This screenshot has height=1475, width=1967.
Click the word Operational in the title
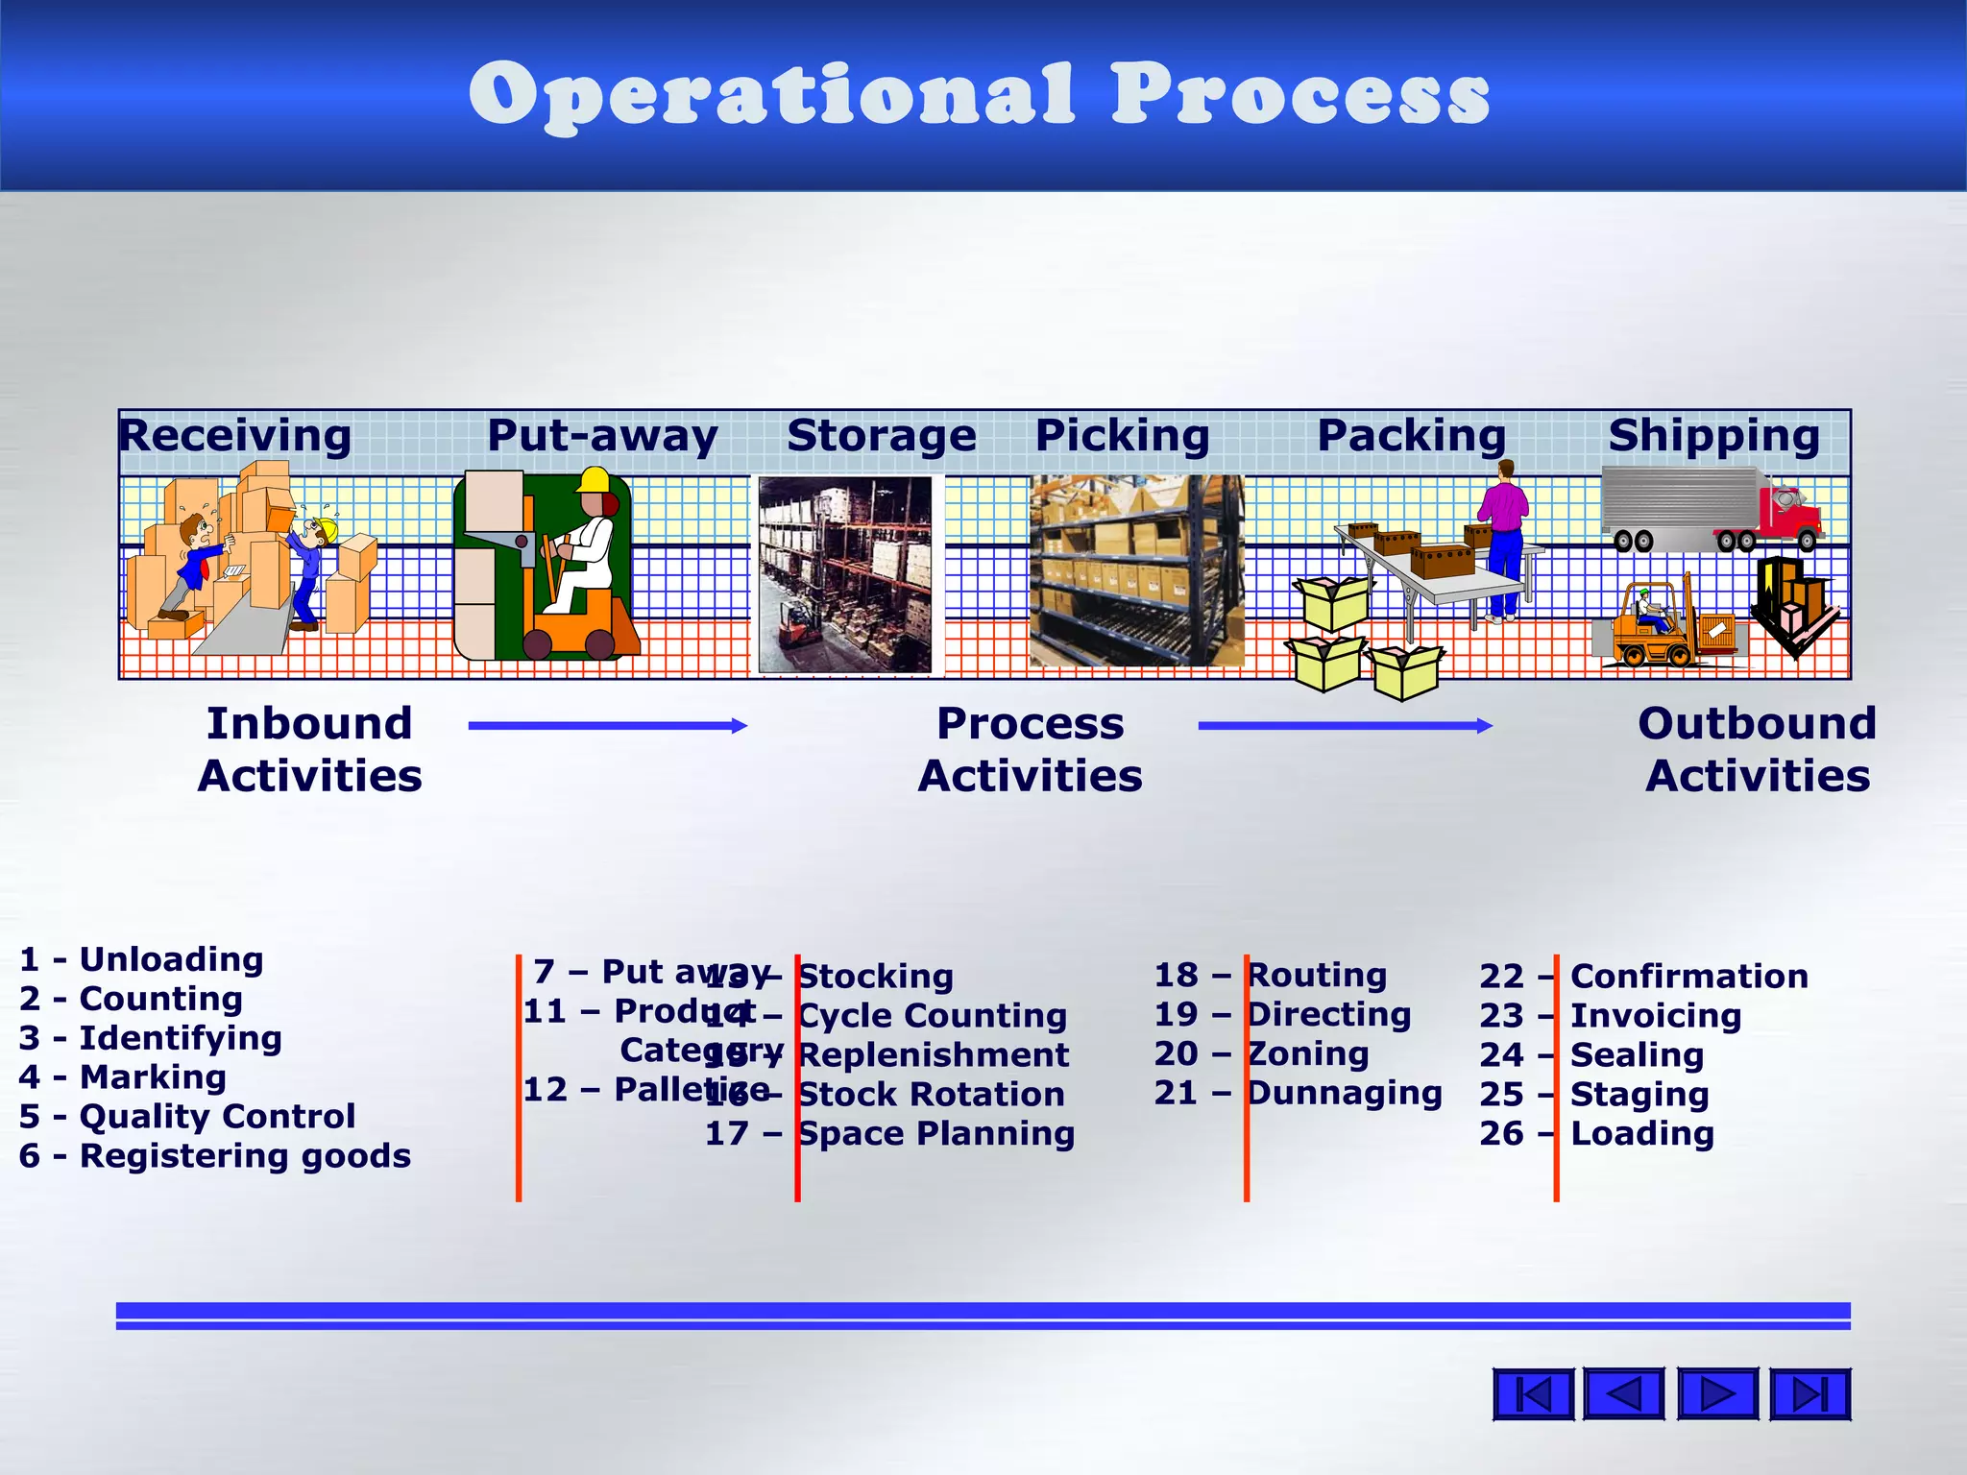[770, 96]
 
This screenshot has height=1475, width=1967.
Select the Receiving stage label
[235, 436]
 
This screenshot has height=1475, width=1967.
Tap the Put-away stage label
[602, 436]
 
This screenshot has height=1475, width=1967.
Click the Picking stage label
[1122, 436]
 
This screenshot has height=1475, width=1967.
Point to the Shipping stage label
[1714, 436]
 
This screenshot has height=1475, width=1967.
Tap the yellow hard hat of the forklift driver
[595, 479]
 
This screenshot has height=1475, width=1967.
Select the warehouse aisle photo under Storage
[844, 574]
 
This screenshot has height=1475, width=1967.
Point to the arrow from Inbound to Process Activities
[607, 726]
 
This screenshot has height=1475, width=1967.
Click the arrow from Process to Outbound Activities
[1345, 726]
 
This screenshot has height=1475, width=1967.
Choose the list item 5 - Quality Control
[187, 1117]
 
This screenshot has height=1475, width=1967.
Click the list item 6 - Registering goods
[214, 1156]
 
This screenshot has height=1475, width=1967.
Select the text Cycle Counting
[932, 1016]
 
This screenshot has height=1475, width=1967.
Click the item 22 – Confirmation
[1643, 977]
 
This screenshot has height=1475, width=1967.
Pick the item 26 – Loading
[1596, 1134]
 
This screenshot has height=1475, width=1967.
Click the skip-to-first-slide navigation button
[1533, 1394]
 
